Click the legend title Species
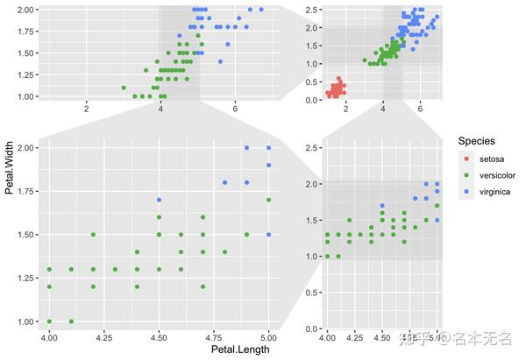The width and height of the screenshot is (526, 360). pyautogui.click(x=477, y=140)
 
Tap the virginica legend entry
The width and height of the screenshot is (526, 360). pyautogui.click(x=494, y=192)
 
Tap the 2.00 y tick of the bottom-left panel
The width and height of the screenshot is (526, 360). pyautogui.click(x=25, y=148)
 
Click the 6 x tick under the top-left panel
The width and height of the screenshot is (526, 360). pyautogui.click(x=235, y=108)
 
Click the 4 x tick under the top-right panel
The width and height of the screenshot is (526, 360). pyautogui.click(x=383, y=108)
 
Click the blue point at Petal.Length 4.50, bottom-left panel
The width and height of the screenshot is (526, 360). pyautogui.click(x=159, y=200)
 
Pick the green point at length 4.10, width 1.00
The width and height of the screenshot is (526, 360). pyautogui.click(x=71, y=321)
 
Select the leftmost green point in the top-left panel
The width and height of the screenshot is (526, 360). pyautogui.click(x=124, y=88)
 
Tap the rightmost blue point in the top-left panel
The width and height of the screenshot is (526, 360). pyautogui.click(x=261, y=10)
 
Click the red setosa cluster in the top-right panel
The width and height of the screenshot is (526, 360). pyautogui.click(x=335, y=88)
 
